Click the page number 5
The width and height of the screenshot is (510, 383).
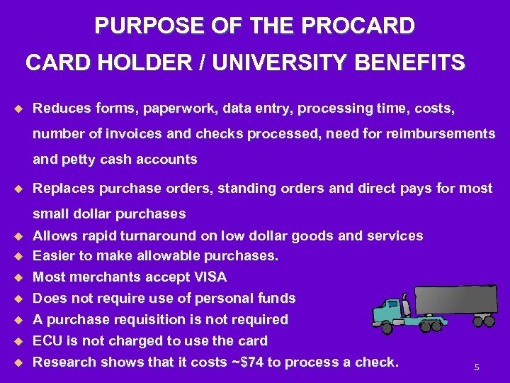coord(477,367)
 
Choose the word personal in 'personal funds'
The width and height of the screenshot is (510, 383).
coord(227,298)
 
